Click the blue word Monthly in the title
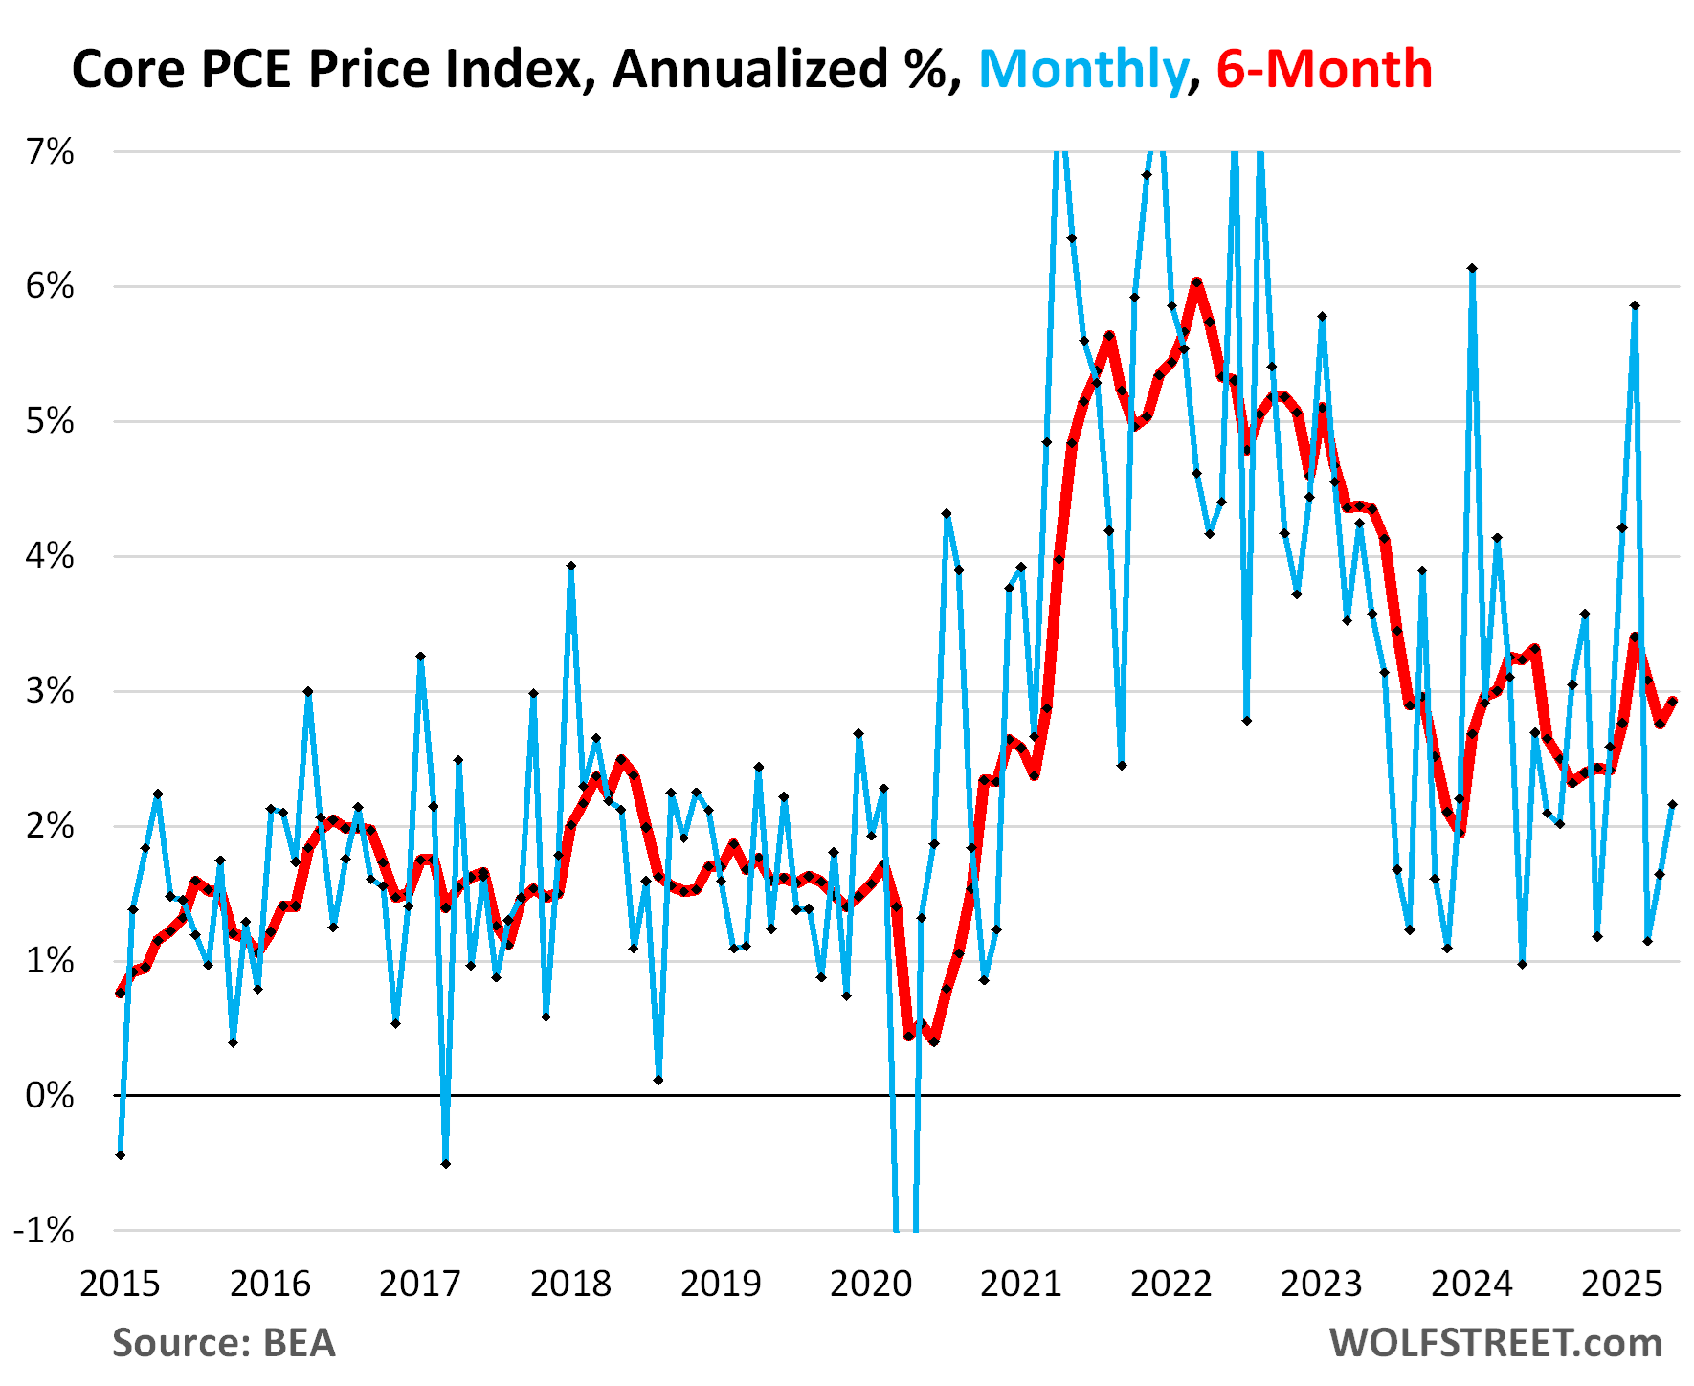pos(1081,70)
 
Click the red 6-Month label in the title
pos(1324,70)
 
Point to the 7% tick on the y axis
pos(50,152)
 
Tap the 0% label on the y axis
pos(50,1095)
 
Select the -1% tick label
pos(44,1230)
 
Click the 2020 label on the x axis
pos(871,1284)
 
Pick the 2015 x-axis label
pos(120,1284)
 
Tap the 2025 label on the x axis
pos(1621,1284)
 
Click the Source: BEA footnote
pos(224,1343)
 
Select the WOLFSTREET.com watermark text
pos(1495,1343)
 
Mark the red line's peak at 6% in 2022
pos(1196,282)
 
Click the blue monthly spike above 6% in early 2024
pos(1472,269)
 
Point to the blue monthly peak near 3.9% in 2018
pos(570,566)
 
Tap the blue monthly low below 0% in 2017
pos(446,1163)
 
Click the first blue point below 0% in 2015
pos(121,1155)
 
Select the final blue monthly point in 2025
pos(1672,804)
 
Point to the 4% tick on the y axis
pos(50,556)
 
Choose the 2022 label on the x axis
pos(1171,1284)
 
